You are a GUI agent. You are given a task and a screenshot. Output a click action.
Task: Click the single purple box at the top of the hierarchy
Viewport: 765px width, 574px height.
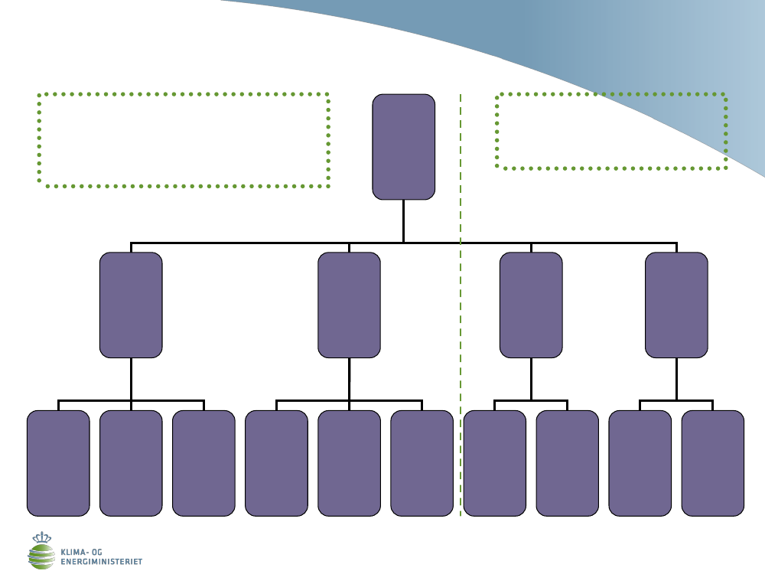(403, 147)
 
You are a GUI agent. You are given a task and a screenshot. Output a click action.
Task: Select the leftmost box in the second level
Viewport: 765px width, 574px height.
(131, 305)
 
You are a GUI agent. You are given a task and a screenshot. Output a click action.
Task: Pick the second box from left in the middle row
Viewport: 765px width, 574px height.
(349, 305)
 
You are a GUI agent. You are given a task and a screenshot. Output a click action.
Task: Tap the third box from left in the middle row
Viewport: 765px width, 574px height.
(531, 305)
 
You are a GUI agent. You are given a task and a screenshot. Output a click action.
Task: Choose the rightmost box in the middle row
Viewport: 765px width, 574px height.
(676, 305)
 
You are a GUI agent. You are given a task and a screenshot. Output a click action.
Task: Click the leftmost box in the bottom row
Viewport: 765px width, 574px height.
(58, 463)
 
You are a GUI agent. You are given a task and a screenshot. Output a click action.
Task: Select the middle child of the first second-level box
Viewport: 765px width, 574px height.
(131, 463)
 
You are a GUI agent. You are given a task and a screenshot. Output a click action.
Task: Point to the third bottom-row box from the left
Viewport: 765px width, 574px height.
(203, 463)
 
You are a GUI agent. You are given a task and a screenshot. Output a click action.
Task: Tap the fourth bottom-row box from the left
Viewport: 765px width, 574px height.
(276, 463)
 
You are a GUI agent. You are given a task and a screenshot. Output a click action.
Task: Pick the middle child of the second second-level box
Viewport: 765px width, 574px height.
(349, 463)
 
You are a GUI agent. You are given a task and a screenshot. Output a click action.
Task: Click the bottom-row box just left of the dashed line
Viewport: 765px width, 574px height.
(422, 463)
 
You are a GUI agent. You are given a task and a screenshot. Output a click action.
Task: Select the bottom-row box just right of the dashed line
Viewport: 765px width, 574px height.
(494, 463)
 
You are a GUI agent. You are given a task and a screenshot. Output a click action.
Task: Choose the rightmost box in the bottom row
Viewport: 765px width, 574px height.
(712, 463)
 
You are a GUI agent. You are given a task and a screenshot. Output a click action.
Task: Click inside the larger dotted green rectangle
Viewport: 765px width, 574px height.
(184, 140)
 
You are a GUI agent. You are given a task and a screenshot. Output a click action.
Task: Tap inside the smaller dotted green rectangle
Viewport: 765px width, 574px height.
(610, 131)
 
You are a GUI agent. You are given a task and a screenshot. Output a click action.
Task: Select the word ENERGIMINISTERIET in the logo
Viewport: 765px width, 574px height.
(101, 561)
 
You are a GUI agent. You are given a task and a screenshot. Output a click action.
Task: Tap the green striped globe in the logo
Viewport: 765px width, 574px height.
(42, 556)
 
